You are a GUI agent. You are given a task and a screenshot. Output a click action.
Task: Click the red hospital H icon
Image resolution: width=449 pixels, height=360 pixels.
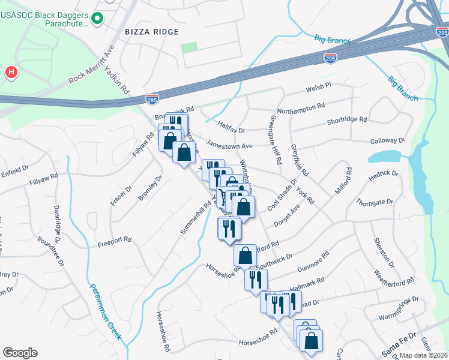point(11,73)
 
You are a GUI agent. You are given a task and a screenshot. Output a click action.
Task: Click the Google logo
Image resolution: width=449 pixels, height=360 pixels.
point(20,353)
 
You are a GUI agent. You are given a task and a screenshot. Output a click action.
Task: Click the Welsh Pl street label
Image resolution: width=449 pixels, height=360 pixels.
point(318,88)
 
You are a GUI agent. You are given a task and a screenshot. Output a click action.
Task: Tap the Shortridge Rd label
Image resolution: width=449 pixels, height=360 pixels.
point(346,121)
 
